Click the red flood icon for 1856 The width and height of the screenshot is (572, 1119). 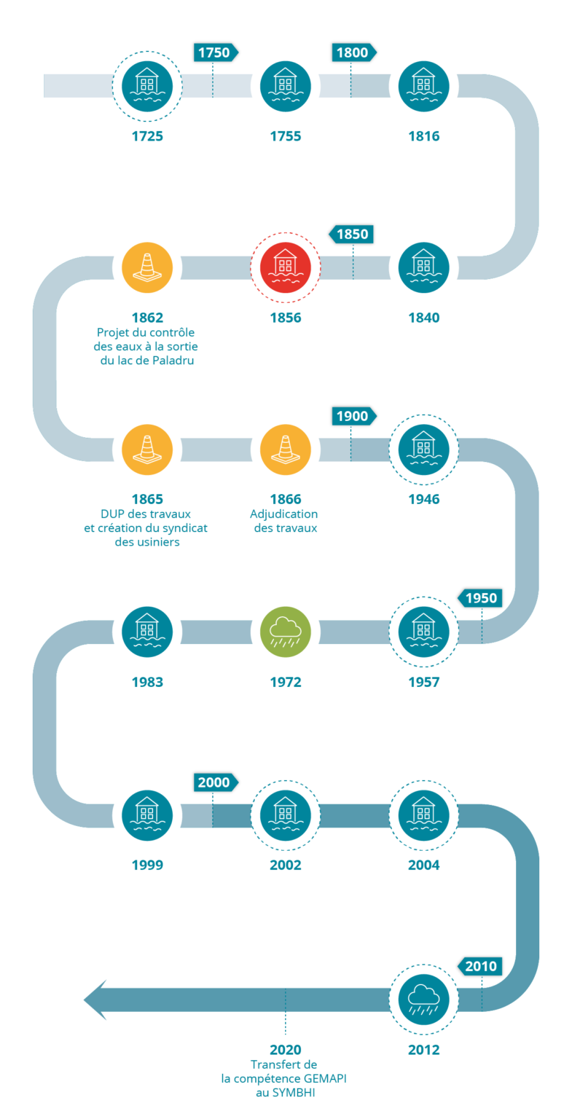(286, 267)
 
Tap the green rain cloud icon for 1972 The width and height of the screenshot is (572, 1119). (286, 632)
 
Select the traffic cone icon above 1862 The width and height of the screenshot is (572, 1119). (147, 267)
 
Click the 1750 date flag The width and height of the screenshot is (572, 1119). (214, 52)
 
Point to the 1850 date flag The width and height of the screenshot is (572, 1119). (353, 235)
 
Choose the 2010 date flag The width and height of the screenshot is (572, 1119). (481, 966)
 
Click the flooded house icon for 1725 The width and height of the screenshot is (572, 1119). (147, 85)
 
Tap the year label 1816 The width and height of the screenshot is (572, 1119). (424, 136)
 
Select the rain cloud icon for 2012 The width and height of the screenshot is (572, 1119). (424, 1000)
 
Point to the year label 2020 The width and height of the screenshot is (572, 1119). (286, 1050)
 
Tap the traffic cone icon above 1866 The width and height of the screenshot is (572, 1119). (286, 449)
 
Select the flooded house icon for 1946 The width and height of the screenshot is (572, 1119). (424, 449)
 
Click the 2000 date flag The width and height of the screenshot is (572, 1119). (214, 782)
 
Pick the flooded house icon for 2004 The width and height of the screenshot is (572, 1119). (424, 815)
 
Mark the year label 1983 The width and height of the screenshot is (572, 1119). (147, 683)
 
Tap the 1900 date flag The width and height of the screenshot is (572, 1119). (353, 416)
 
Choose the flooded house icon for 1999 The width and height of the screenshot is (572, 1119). (147, 815)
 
